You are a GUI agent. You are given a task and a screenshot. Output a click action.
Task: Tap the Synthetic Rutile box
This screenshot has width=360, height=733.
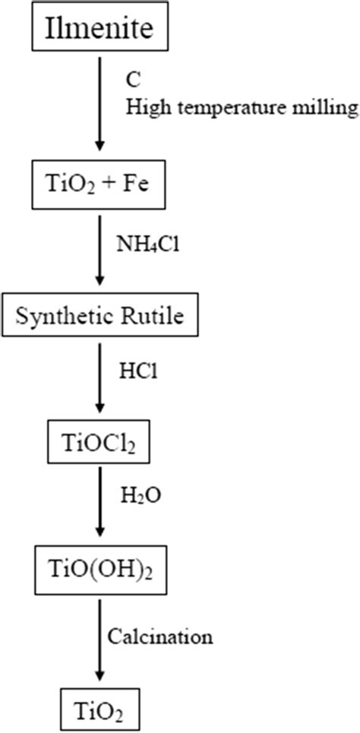point(100,315)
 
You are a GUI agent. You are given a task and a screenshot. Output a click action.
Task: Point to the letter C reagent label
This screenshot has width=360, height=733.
point(132,78)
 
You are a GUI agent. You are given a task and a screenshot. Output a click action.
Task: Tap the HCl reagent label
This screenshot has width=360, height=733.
point(139,371)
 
